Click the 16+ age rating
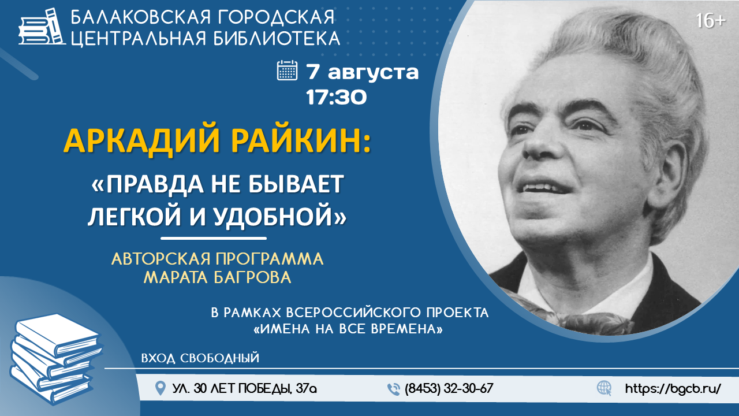pyautogui.click(x=711, y=21)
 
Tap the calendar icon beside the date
pyautogui.click(x=287, y=70)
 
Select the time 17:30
pyautogui.click(x=336, y=97)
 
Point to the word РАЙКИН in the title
pyautogui.click(x=297, y=140)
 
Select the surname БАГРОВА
pyautogui.click(x=253, y=277)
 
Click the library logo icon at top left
pyautogui.click(x=42, y=27)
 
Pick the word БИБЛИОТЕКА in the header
pyautogui.click(x=277, y=38)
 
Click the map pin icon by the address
pyautogui.click(x=161, y=388)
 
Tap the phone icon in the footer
pyautogui.click(x=394, y=389)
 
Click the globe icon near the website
pyautogui.click(x=604, y=388)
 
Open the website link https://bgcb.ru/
pyautogui.click(x=673, y=389)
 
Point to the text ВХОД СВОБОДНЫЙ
pyautogui.click(x=200, y=358)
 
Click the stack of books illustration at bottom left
pyautogui.click(x=56, y=359)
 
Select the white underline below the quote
pyautogui.click(x=214, y=238)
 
